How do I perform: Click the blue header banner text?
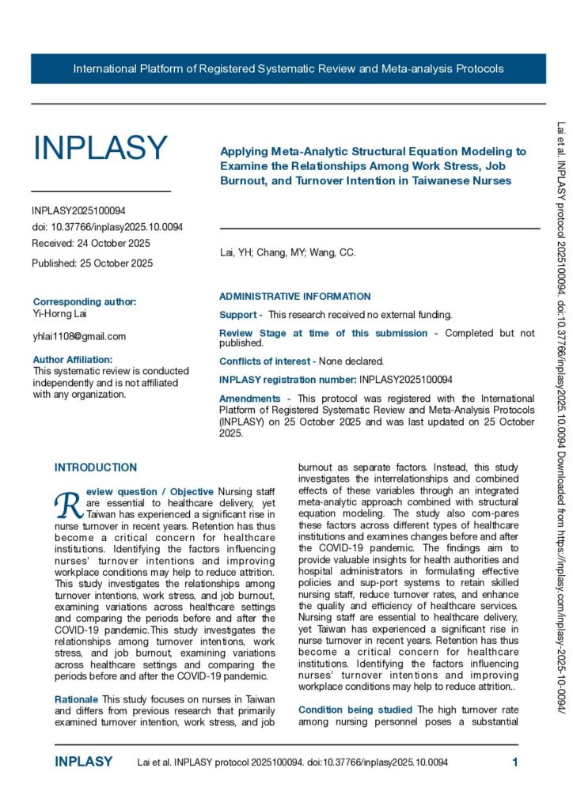click(x=288, y=69)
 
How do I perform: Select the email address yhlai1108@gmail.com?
click(x=79, y=336)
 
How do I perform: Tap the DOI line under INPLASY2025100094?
click(x=108, y=227)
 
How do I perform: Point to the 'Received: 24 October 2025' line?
click(x=91, y=243)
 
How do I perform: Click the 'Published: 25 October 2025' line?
click(x=93, y=263)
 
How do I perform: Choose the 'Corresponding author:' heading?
click(x=85, y=301)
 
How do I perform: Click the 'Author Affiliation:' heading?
click(x=78, y=359)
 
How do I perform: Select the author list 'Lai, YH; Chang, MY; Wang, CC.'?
click(x=287, y=253)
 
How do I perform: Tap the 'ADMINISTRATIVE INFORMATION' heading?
click(x=294, y=297)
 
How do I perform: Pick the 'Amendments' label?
click(x=249, y=399)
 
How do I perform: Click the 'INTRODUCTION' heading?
click(x=96, y=467)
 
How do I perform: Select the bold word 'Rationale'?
click(x=76, y=700)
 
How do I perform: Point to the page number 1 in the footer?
click(x=515, y=763)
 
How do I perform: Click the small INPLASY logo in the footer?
click(x=84, y=763)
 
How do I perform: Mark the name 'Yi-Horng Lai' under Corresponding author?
click(x=60, y=314)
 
